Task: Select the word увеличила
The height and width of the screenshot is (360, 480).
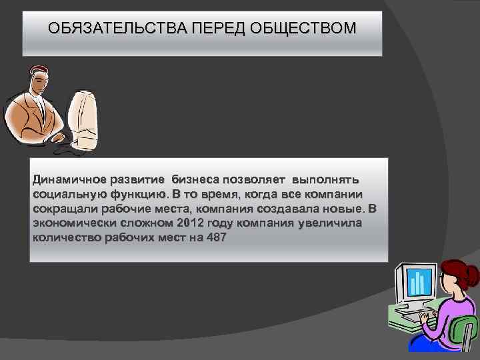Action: [x=331, y=223]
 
